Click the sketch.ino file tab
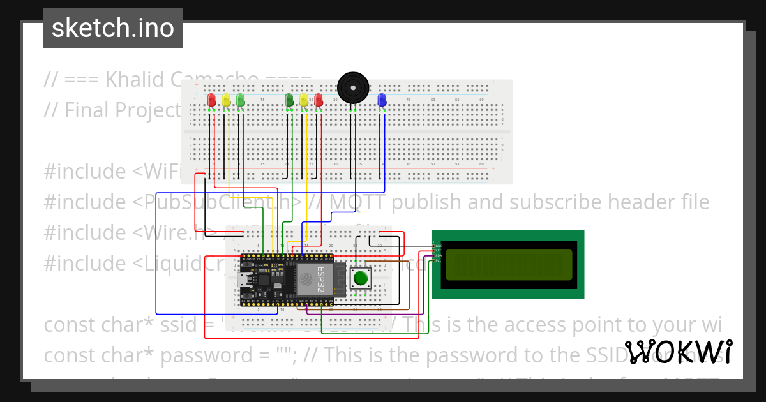pyautogui.click(x=112, y=28)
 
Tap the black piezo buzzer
pyautogui.click(x=353, y=87)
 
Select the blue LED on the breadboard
pyautogui.click(x=382, y=100)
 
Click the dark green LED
pyautogui.click(x=289, y=100)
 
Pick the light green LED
pyautogui.click(x=240, y=100)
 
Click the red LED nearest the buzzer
pyautogui.click(x=319, y=100)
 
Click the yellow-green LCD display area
pyautogui.click(x=509, y=265)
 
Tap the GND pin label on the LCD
pyautogui.click(x=438, y=246)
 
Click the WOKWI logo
pyautogui.click(x=679, y=352)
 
